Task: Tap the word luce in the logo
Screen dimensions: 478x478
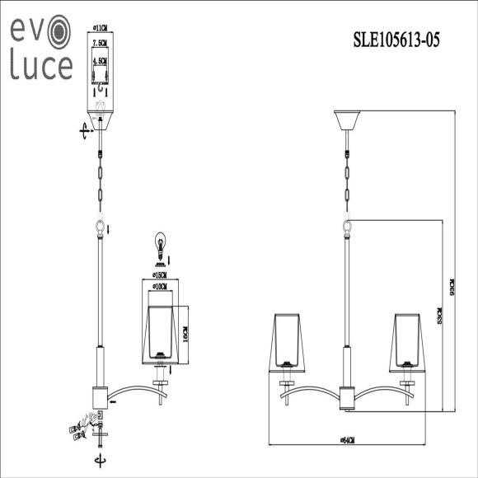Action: (41, 66)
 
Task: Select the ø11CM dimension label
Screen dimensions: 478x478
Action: (101, 27)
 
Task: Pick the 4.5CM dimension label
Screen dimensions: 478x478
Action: (101, 61)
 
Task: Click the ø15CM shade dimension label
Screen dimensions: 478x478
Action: (161, 274)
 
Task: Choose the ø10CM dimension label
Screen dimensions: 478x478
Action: (161, 287)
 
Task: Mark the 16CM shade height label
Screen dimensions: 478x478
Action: (186, 335)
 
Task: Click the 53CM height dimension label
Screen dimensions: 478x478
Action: (441, 316)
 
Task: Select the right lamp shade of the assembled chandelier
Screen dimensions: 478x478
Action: (407, 338)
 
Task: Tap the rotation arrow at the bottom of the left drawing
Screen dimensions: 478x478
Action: (101, 460)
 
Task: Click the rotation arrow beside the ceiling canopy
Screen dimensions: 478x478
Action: (83, 130)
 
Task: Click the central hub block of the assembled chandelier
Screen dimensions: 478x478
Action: (348, 397)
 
